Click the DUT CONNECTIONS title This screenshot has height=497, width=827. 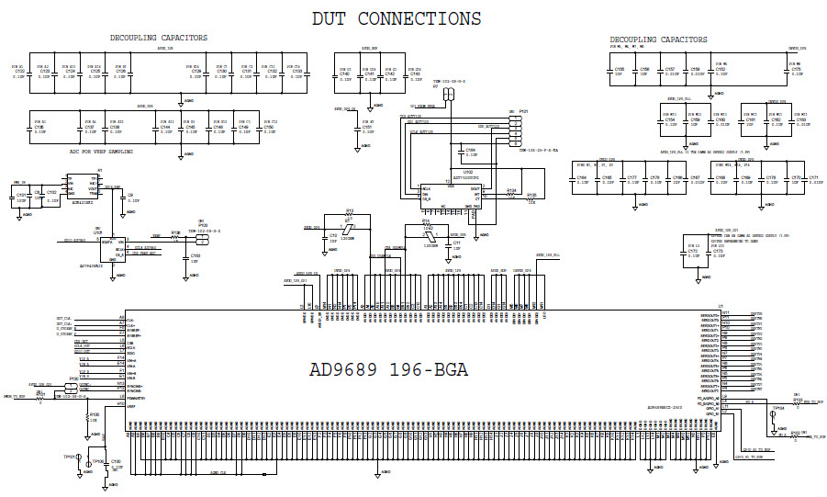[x=396, y=18]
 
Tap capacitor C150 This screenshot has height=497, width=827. [x=269, y=129]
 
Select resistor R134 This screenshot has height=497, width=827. [x=511, y=194]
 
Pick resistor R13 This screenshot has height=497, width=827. [x=349, y=215]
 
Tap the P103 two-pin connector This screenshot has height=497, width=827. [x=202, y=238]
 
